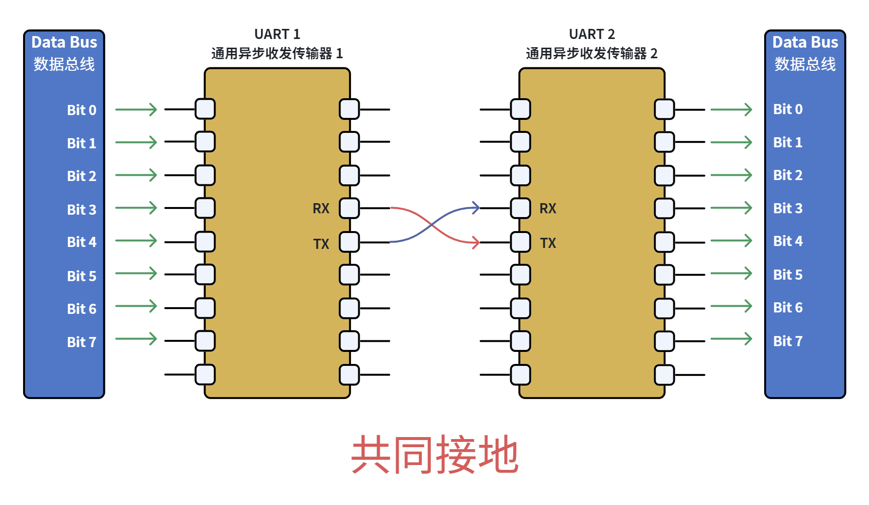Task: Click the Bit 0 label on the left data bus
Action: tap(82, 110)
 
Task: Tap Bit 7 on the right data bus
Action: tap(788, 341)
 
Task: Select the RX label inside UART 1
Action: tap(321, 208)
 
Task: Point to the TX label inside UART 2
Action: tap(548, 243)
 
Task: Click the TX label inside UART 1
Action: tap(321, 244)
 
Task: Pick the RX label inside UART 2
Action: tap(548, 208)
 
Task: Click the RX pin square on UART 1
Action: tap(349, 208)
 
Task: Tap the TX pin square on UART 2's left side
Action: tap(520, 242)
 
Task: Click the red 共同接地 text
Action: tap(435, 454)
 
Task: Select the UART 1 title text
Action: tap(277, 34)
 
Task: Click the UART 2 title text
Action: tap(592, 34)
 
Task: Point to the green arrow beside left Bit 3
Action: tap(136, 208)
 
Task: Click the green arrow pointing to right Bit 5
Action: tap(731, 273)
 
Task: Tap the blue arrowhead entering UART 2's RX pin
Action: tap(476, 208)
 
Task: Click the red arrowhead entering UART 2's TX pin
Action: tap(476, 242)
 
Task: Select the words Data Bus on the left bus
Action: tap(64, 42)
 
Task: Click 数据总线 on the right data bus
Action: tap(805, 64)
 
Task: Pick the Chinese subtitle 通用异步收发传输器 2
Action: tap(592, 53)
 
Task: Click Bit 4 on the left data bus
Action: tap(82, 242)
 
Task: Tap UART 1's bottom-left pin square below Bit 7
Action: tap(205, 375)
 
